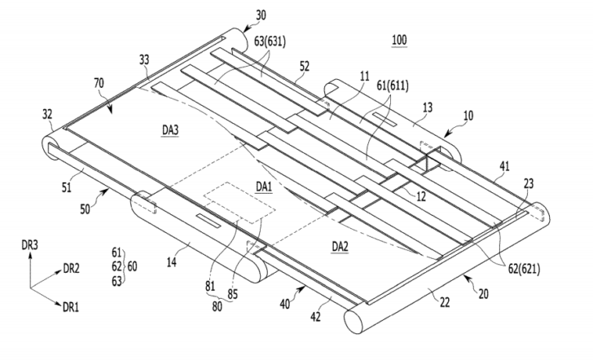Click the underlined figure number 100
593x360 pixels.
[x=399, y=40]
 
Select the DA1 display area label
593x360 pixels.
[x=262, y=186]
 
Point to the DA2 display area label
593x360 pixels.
[x=340, y=244]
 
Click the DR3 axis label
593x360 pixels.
[x=29, y=243]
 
